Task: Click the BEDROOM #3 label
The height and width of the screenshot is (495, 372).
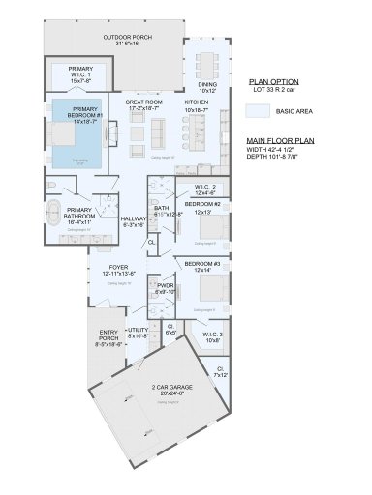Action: tap(201, 264)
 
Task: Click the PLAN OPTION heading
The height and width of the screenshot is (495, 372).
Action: tap(273, 82)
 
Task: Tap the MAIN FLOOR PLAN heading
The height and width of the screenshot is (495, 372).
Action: tap(276, 141)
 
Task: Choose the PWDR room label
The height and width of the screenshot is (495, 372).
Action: tap(165, 288)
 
